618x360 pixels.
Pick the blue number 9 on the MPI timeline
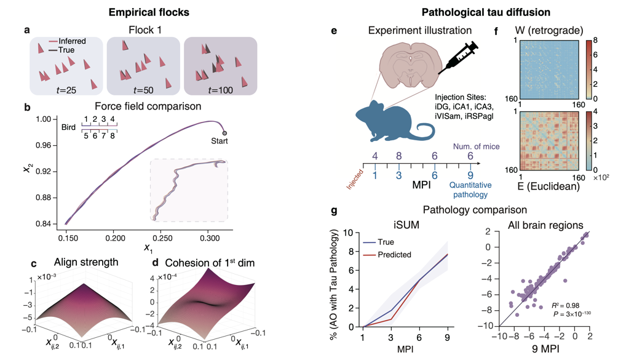click(470, 175)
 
